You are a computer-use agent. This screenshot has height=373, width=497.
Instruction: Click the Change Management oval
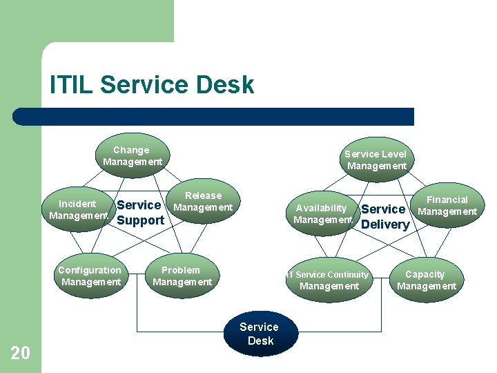(132, 156)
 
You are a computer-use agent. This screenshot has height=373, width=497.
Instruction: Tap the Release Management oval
(204, 202)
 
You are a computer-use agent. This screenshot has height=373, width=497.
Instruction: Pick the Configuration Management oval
(90, 276)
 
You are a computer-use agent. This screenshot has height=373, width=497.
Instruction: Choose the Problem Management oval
(182, 276)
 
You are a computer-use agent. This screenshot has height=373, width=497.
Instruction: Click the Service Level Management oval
(376, 160)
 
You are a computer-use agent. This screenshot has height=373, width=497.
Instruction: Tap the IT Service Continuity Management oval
(329, 280)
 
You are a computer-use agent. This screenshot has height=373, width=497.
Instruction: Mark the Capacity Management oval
(426, 280)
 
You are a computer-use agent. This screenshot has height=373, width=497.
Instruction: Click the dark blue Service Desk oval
(260, 334)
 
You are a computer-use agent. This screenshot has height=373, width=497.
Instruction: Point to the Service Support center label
(140, 213)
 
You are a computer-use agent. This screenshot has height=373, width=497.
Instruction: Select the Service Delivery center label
(384, 217)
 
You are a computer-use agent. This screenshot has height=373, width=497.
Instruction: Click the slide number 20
(21, 354)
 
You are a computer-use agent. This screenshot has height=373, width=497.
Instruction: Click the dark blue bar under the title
(214, 116)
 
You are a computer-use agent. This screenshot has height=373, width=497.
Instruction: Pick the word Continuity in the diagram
(342, 275)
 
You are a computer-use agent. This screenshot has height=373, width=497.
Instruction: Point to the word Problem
(181, 270)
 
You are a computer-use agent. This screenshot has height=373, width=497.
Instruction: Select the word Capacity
(425, 274)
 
